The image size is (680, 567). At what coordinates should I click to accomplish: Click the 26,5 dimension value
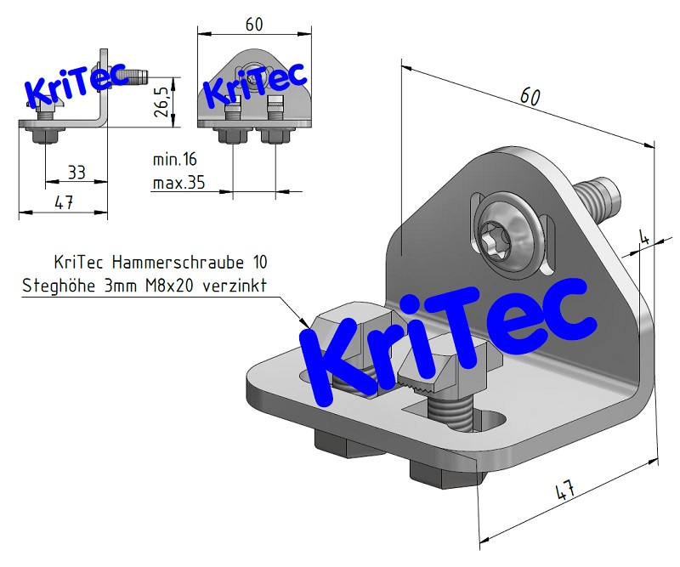point(161,101)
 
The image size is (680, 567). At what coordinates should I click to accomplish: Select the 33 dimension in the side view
point(76,173)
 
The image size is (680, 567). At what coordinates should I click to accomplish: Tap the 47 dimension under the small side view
point(63,201)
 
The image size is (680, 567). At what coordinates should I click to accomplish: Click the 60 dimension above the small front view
point(253,24)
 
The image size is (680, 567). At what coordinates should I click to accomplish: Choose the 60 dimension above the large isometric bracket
point(530,98)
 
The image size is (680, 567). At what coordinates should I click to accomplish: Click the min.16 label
point(174,159)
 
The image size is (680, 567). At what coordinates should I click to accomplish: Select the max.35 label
point(178,182)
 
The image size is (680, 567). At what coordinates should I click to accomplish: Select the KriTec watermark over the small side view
point(75,84)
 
